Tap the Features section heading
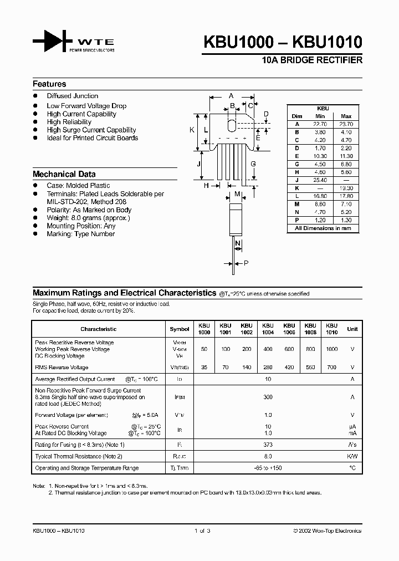pos(49,84)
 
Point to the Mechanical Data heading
pos(64,174)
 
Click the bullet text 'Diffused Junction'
pos(72,96)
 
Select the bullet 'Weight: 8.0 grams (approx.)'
pos(88,218)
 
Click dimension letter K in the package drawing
pos(192,130)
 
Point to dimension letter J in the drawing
pos(198,164)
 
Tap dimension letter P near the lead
pos(246,264)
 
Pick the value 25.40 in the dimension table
pos(320,181)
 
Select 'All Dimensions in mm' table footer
pos(323,228)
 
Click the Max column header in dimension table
pos(346,116)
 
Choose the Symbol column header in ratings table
pos(179,329)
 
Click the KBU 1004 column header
pos(268,329)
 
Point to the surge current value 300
pos(268,397)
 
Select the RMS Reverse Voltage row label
pos(62,368)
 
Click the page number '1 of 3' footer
pos(202,531)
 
